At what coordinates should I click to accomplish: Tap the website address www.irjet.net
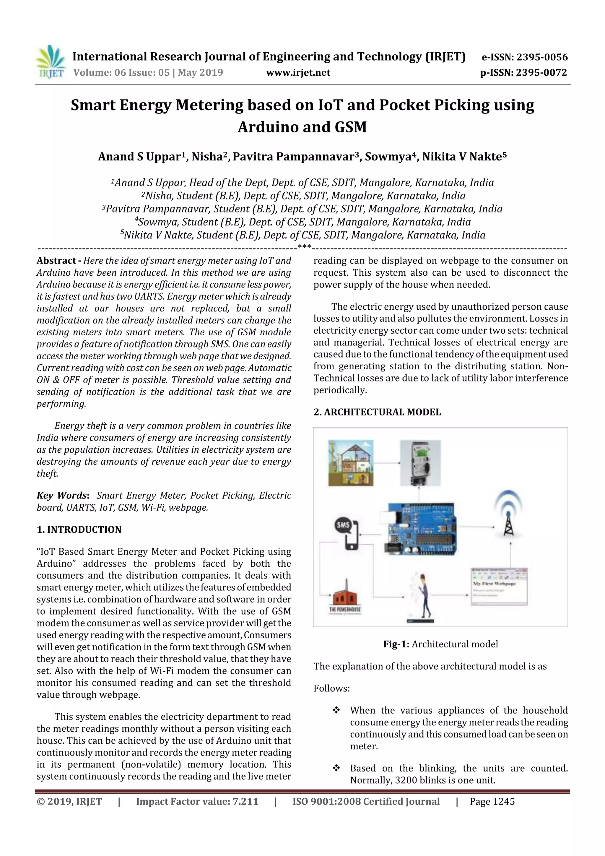[298, 73]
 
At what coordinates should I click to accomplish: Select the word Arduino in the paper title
[268, 127]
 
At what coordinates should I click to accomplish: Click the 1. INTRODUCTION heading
[79, 529]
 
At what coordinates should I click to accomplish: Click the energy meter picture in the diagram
[420, 463]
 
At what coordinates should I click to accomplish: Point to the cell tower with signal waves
[507, 515]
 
